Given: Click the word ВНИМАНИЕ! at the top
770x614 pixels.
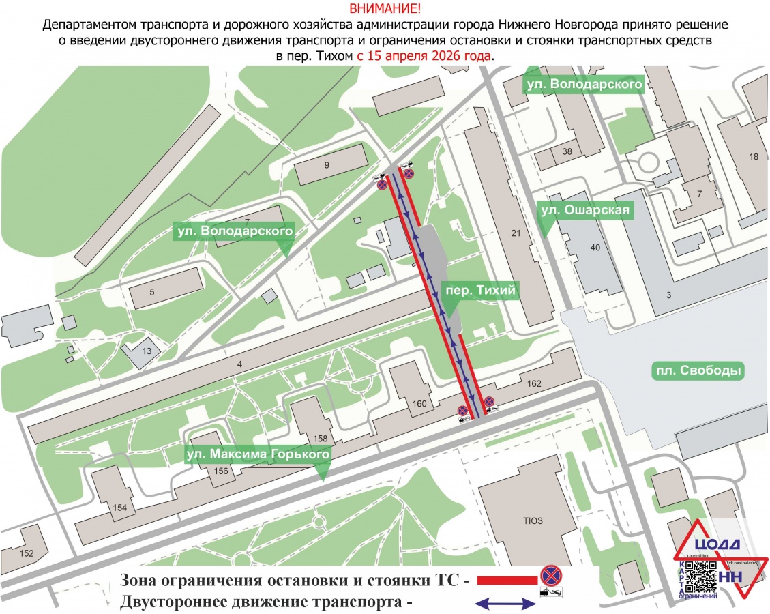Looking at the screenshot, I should point(385,9).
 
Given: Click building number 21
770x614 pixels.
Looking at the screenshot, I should point(516,234).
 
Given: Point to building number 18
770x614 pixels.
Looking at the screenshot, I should point(753,157).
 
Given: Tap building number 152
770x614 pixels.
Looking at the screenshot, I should point(27,553).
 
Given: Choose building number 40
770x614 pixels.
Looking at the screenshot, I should point(595,248).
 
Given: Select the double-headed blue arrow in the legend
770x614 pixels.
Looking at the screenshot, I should point(505,603).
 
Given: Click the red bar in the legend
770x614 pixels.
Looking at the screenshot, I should point(507,580).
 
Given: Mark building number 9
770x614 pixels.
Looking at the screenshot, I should point(327,165).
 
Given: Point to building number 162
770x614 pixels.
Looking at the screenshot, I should point(534,384).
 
